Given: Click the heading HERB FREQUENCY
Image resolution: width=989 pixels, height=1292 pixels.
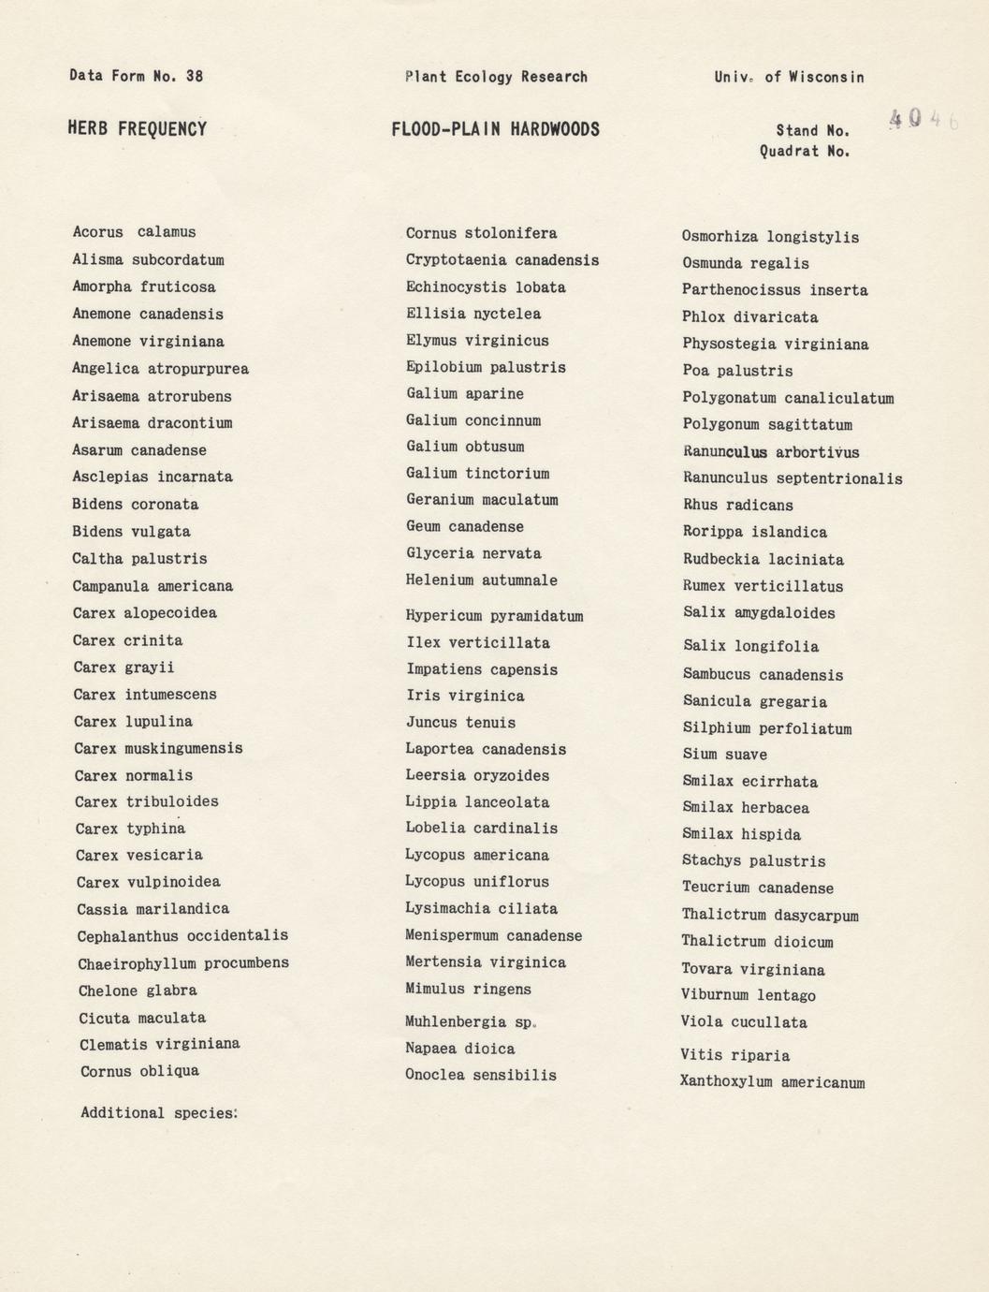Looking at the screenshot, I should point(137,129).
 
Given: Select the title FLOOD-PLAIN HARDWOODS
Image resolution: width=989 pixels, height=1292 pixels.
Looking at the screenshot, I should point(495,129).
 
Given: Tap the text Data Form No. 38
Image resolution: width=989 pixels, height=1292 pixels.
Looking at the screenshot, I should point(136,76).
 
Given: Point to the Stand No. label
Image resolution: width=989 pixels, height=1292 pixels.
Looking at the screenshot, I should point(812,131).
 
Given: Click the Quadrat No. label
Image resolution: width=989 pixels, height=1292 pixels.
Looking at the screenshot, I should point(805,152).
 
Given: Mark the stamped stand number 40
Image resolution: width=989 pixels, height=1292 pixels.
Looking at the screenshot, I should point(906,118).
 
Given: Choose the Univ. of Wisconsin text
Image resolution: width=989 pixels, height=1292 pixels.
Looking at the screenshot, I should point(789,77).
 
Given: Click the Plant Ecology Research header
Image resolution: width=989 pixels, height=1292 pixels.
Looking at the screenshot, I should point(496,77).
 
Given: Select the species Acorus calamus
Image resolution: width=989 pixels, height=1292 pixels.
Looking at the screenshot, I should point(134,232).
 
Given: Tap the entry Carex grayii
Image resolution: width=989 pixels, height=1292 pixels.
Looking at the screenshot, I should point(124,668).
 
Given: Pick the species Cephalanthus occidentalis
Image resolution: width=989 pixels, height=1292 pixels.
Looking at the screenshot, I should point(182,935).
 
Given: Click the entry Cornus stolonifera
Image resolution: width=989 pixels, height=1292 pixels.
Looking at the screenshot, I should point(481,233).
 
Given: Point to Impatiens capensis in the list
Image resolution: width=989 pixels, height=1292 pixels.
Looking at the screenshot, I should point(481,669).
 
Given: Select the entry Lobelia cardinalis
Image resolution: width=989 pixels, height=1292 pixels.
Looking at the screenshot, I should point(481,829).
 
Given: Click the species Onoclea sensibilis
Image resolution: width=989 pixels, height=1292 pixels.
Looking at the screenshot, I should point(480,1075).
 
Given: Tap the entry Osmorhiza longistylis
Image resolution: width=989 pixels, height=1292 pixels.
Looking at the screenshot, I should point(770,237).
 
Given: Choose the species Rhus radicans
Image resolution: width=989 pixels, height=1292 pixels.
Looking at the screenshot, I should point(737,506).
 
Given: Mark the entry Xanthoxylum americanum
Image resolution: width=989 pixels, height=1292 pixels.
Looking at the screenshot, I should point(773,1082).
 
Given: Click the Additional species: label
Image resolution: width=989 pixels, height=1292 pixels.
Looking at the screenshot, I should point(159,1113).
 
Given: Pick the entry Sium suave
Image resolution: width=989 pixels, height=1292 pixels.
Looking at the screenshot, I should point(724,755).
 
